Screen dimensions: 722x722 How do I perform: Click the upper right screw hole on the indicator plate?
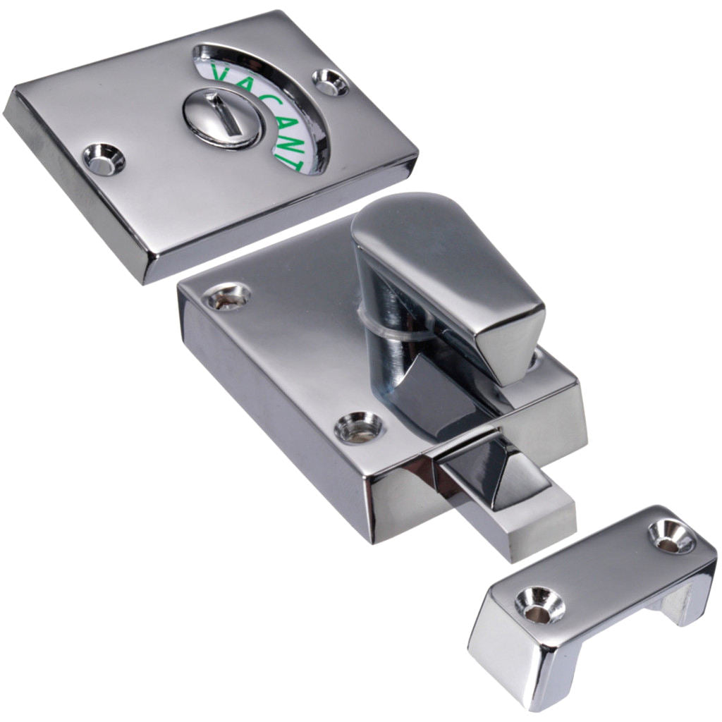point(331,82)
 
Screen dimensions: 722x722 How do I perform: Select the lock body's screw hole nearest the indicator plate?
point(228,297)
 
